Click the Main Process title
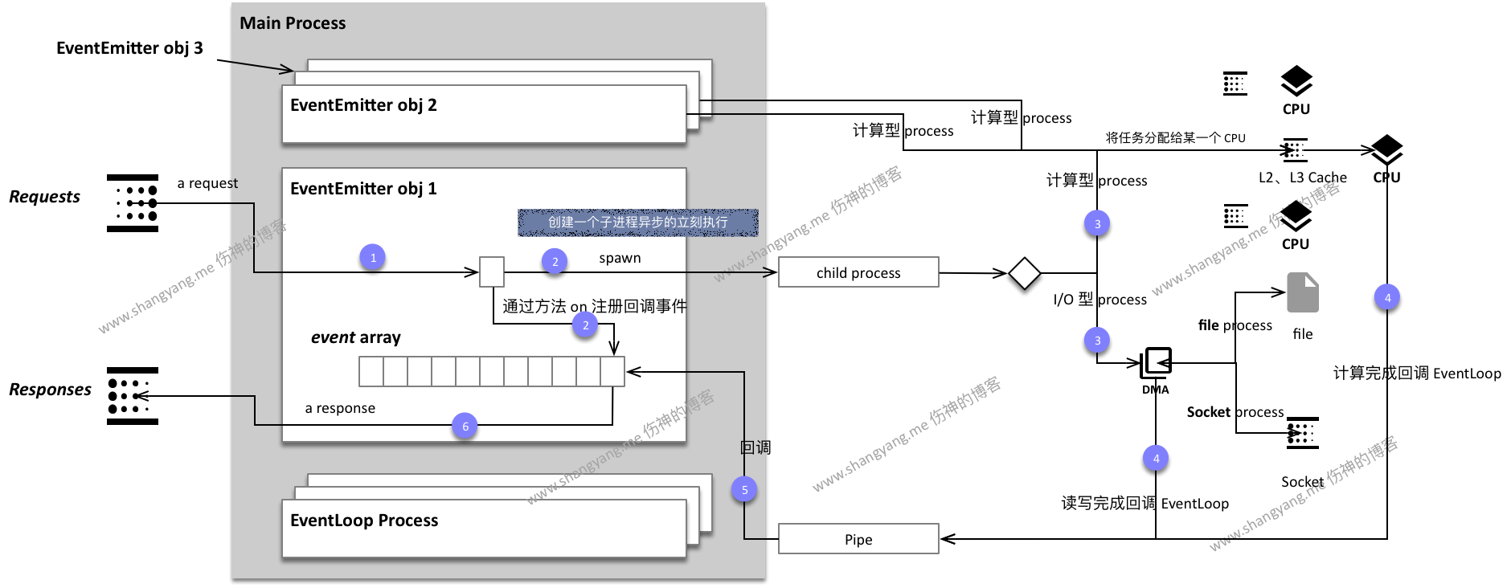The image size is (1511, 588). point(293,23)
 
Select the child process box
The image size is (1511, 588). point(858,272)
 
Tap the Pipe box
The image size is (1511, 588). point(858,539)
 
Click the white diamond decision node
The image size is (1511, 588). point(1024,273)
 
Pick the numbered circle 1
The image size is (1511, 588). point(372,258)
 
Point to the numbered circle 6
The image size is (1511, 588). point(465,427)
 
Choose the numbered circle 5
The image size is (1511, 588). point(744,490)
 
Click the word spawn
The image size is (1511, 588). point(620,258)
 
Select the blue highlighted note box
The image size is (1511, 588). point(637,223)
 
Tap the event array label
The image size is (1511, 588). point(355,337)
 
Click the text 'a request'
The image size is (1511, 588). point(207,183)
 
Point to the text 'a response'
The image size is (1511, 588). point(340,408)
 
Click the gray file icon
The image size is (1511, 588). point(1302,292)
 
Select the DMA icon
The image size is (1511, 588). point(1156,363)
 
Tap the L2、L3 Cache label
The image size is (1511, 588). point(1302,178)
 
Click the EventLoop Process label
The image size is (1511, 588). point(364,521)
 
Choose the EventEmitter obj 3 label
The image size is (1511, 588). point(129,48)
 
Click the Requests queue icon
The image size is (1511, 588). point(133,203)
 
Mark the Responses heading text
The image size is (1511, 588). point(50,390)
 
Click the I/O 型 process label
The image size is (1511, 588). point(1099,300)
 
